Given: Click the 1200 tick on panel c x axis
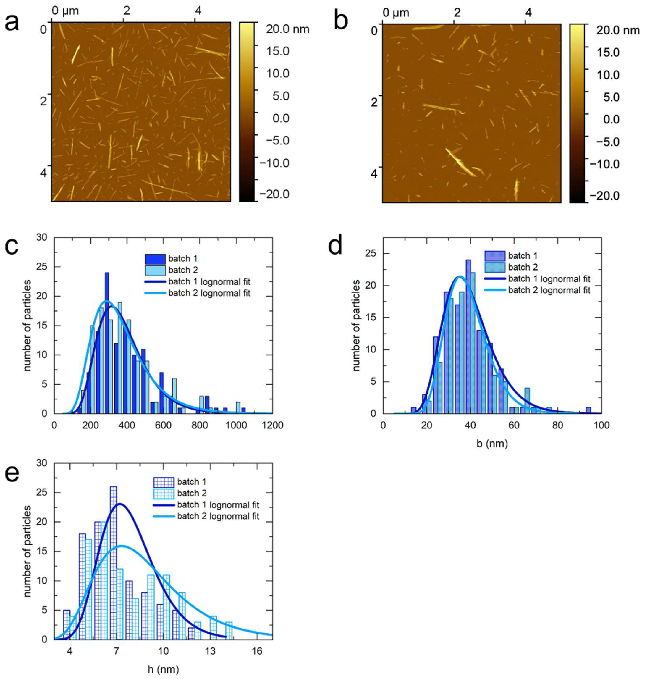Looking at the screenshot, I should pos(272,425).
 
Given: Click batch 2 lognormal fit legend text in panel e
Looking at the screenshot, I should pos(218,516).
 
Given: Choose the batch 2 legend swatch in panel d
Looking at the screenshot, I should pos(495,267).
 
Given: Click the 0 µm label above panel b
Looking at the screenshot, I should pos(396,13).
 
